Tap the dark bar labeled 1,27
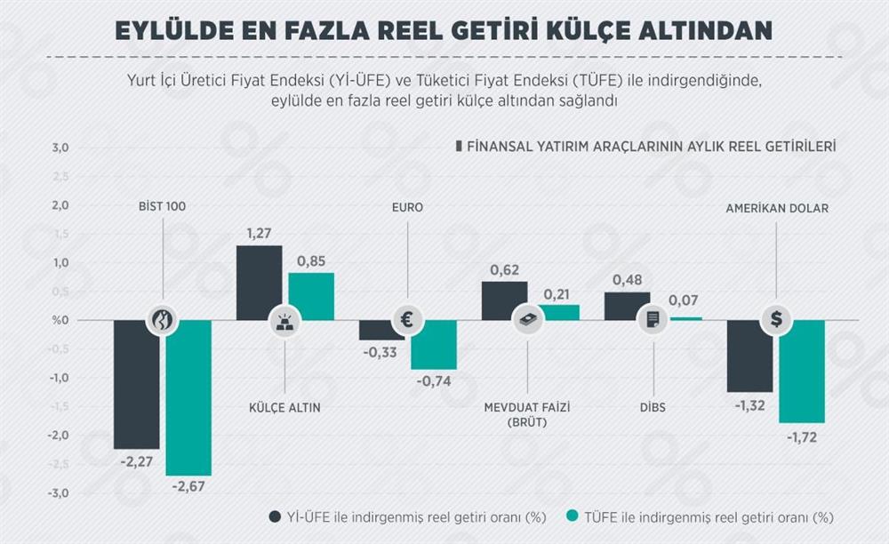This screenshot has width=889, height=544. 259,283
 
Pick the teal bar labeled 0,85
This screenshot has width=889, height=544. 311,295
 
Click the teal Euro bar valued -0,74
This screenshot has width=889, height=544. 434,345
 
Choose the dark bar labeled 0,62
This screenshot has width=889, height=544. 504,300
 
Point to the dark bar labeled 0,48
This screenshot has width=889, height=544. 627,305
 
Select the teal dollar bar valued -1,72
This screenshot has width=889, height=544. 802,372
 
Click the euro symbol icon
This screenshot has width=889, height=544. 407,320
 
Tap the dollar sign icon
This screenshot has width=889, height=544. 776,320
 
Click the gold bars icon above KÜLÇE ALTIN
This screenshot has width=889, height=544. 284,321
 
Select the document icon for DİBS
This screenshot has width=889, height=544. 653,320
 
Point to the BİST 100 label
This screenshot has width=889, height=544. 162,207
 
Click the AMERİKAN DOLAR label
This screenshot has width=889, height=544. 776,209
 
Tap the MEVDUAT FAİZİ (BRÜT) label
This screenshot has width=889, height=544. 526,415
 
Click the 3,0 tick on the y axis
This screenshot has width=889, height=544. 60,148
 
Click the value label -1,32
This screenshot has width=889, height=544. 749,405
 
